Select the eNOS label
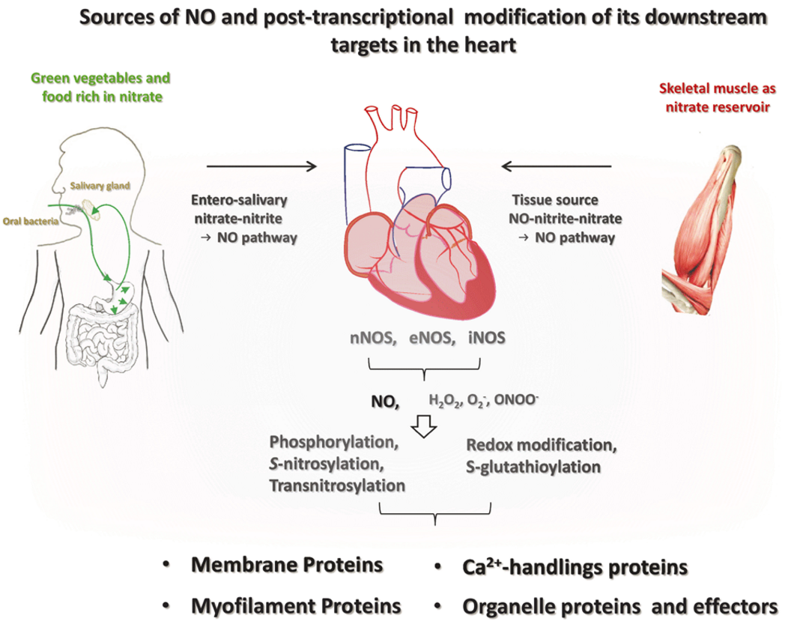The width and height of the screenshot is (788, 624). point(431,338)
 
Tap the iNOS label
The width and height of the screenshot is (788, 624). point(486,338)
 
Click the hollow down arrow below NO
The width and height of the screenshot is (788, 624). point(424,426)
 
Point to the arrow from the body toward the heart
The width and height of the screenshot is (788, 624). point(262,166)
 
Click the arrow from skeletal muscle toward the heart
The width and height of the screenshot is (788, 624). point(557,166)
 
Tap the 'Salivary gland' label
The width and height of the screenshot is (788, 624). point(100,186)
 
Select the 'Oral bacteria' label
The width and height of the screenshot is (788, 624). point(31,221)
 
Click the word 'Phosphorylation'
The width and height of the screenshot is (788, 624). point(333,442)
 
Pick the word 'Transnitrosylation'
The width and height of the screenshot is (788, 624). point(337,486)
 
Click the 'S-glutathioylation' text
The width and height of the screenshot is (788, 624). point(533,467)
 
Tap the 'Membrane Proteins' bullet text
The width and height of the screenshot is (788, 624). point(287,565)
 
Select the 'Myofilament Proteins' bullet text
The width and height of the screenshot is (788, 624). point(296,606)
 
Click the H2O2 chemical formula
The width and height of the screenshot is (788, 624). point(443,401)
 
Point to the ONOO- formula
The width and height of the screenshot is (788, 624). point(516,399)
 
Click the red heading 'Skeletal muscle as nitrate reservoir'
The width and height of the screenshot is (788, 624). point(717,98)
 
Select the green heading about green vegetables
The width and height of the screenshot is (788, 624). point(101,88)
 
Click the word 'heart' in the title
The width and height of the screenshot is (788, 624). point(490,45)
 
